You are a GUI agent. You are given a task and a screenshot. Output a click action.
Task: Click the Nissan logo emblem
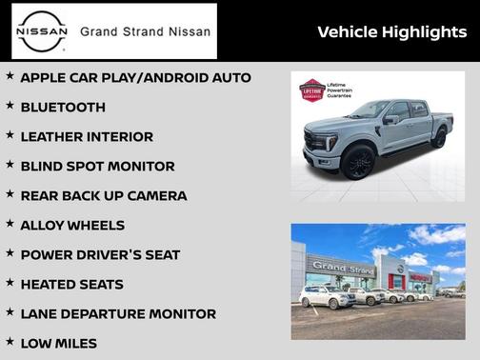coord(43,31)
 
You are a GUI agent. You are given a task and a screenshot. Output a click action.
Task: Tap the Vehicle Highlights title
coord(391,32)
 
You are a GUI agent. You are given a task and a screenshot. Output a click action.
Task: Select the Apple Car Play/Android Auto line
coord(135,77)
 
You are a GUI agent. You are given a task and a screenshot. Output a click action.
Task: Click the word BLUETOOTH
coord(63,108)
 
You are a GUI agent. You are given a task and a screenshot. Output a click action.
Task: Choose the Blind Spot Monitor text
coord(97,167)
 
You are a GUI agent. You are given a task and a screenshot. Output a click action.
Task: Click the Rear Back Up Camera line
coord(103,196)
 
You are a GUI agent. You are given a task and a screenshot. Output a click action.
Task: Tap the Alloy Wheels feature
coord(72,226)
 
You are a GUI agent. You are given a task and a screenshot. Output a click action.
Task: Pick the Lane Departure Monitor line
coord(118,314)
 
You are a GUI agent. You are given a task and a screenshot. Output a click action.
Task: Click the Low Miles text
coord(58,344)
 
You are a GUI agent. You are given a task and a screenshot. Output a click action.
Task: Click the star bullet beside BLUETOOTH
coord(10,107)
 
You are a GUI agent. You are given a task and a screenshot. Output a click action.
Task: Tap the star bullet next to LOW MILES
coord(10,343)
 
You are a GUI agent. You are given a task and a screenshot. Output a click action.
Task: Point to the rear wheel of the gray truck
coord(438,137)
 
